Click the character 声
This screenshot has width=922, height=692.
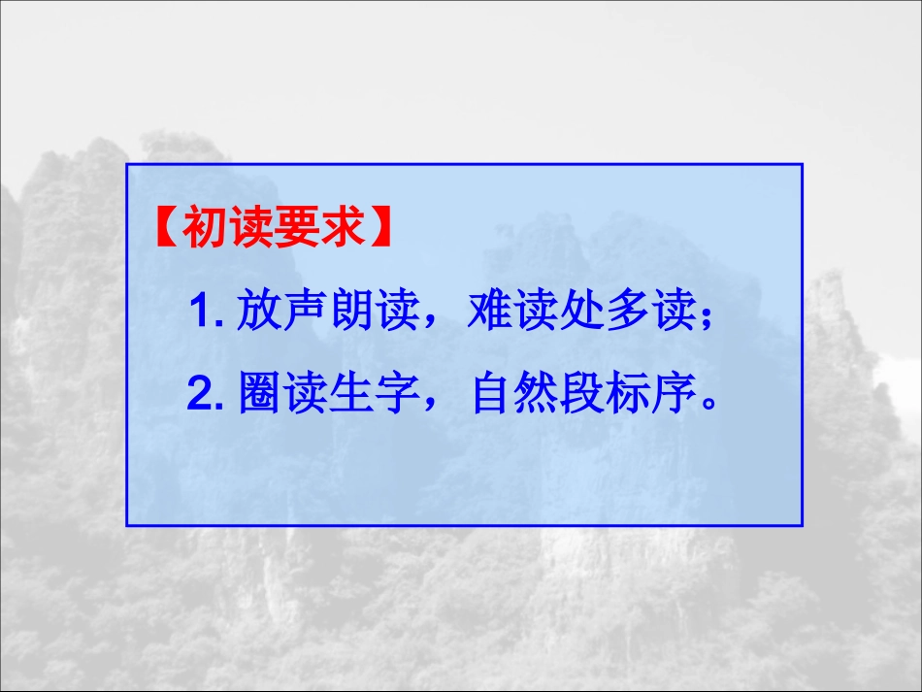303,313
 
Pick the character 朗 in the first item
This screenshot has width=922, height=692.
347,313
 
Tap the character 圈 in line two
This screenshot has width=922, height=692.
260,396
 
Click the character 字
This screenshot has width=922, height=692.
393,396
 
